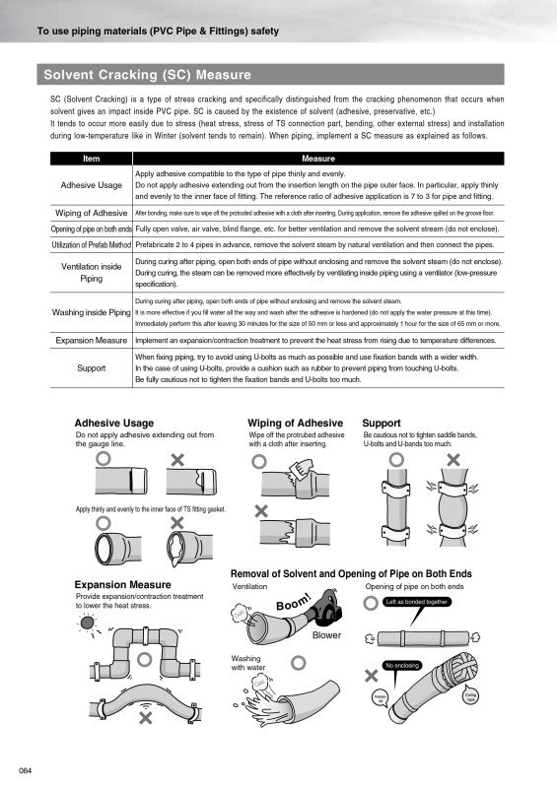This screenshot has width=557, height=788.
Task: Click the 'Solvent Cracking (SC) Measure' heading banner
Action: (148, 75)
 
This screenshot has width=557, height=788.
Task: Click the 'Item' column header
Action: (91, 158)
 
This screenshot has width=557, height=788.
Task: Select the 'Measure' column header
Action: (317, 158)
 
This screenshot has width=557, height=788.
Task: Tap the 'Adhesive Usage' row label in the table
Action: (91, 185)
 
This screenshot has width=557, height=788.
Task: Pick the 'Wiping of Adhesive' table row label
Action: (91, 213)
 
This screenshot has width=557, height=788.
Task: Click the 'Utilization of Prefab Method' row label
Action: (91, 244)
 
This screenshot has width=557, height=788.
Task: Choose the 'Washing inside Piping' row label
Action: (91, 312)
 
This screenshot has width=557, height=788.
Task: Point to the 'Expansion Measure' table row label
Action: (91, 340)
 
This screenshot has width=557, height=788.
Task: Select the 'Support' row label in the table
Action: (91, 368)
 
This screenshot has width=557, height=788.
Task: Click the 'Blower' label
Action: (326, 635)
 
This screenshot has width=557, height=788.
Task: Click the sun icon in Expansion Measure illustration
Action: (88, 623)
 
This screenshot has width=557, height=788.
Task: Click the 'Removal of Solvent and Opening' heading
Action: (350, 573)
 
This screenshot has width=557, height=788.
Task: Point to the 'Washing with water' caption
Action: (246, 662)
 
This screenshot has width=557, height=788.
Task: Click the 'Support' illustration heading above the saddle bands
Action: (382, 423)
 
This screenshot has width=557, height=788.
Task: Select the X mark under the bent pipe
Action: (145, 719)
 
